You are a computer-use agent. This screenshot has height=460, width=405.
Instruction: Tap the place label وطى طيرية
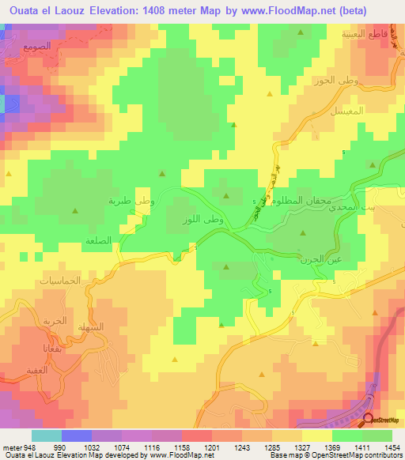[131, 202]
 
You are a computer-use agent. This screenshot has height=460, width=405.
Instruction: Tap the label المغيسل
[348, 111]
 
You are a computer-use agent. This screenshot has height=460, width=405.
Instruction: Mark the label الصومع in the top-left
[37, 47]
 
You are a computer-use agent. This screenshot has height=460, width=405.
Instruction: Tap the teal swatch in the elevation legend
[47, 435]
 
